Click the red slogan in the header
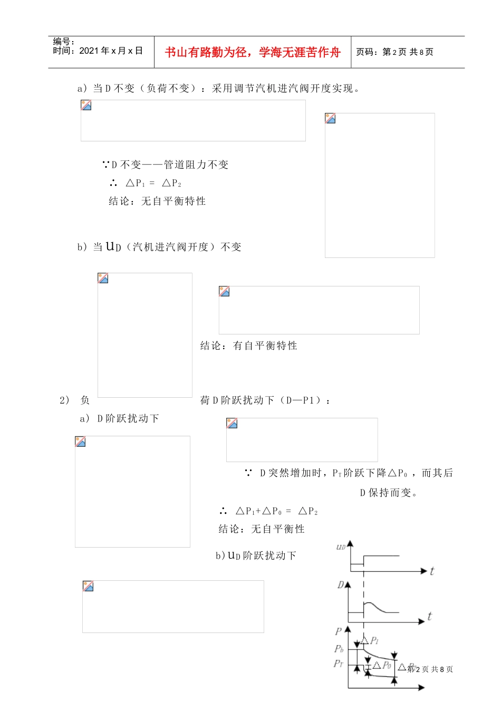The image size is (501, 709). coord(253,52)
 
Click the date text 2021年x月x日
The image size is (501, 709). coord(111,51)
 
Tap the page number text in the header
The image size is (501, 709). coord(394,52)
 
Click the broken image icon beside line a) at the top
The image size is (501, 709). coord(86,105)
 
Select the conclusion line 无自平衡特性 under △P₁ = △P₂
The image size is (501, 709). coord(157,201)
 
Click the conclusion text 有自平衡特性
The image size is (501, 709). coord(248,346)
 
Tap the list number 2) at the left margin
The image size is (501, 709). coord(64,400)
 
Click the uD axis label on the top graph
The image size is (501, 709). coord(341,547)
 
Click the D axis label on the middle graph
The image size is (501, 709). coord(341,585)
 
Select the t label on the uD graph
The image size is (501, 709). coord(432,571)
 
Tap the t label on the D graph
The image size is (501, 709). coord(429,616)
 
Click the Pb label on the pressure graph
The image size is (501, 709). coord(339,649)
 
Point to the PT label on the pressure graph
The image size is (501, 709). coord(338,664)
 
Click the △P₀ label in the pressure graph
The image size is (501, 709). coord(382,665)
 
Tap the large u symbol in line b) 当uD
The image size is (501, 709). coord(110,246)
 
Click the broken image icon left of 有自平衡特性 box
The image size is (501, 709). coord(224,291)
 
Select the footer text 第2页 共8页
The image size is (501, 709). coord(430,669)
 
